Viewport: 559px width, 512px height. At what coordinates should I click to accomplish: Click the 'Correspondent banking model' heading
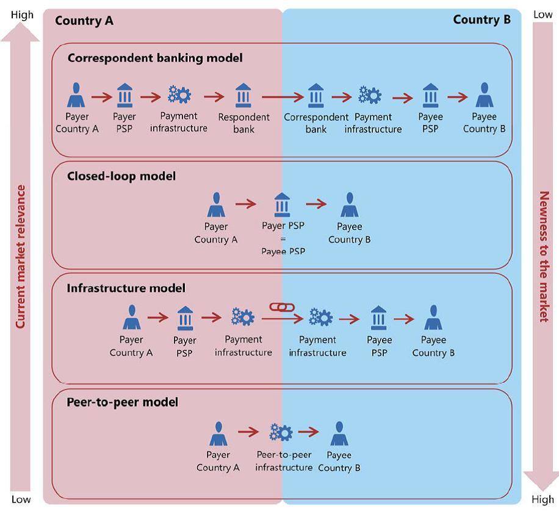pyautogui.click(x=155, y=59)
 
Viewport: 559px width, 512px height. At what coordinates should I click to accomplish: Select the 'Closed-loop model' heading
pyautogui.click(x=121, y=176)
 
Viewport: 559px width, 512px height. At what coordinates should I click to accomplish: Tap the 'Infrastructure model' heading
pyautogui.click(x=126, y=288)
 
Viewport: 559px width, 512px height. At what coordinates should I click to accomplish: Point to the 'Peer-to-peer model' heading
pyautogui.click(x=122, y=402)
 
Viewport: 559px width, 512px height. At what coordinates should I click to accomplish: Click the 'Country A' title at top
pyautogui.click(x=84, y=21)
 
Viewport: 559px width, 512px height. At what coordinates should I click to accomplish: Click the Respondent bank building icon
pyautogui.click(x=243, y=96)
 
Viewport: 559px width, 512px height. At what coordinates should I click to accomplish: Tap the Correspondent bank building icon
pyautogui.click(x=316, y=96)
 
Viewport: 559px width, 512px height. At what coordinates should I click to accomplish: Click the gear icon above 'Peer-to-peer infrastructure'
pyautogui.click(x=281, y=433)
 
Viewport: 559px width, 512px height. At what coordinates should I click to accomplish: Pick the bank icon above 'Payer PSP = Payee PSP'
pyautogui.click(x=283, y=205)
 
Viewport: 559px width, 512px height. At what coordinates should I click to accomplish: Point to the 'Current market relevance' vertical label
pyautogui.click(x=21, y=257)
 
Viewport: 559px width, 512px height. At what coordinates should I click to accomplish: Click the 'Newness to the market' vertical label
pyautogui.click(x=544, y=257)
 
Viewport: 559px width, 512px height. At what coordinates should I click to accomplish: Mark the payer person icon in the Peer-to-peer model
pyautogui.click(x=218, y=434)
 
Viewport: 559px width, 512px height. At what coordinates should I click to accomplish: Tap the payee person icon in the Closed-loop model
pyautogui.click(x=349, y=205)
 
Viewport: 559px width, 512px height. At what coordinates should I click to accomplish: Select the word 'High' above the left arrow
pyautogui.click(x=22, y=15)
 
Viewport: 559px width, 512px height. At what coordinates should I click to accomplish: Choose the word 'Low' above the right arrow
pyautogui.click(x=543, y=15)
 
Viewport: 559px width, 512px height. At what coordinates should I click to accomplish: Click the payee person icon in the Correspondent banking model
pyautogui.click(x=484, y=96)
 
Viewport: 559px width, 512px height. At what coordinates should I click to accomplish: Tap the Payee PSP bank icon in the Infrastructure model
pyautogui.click(x=379, y=318)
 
